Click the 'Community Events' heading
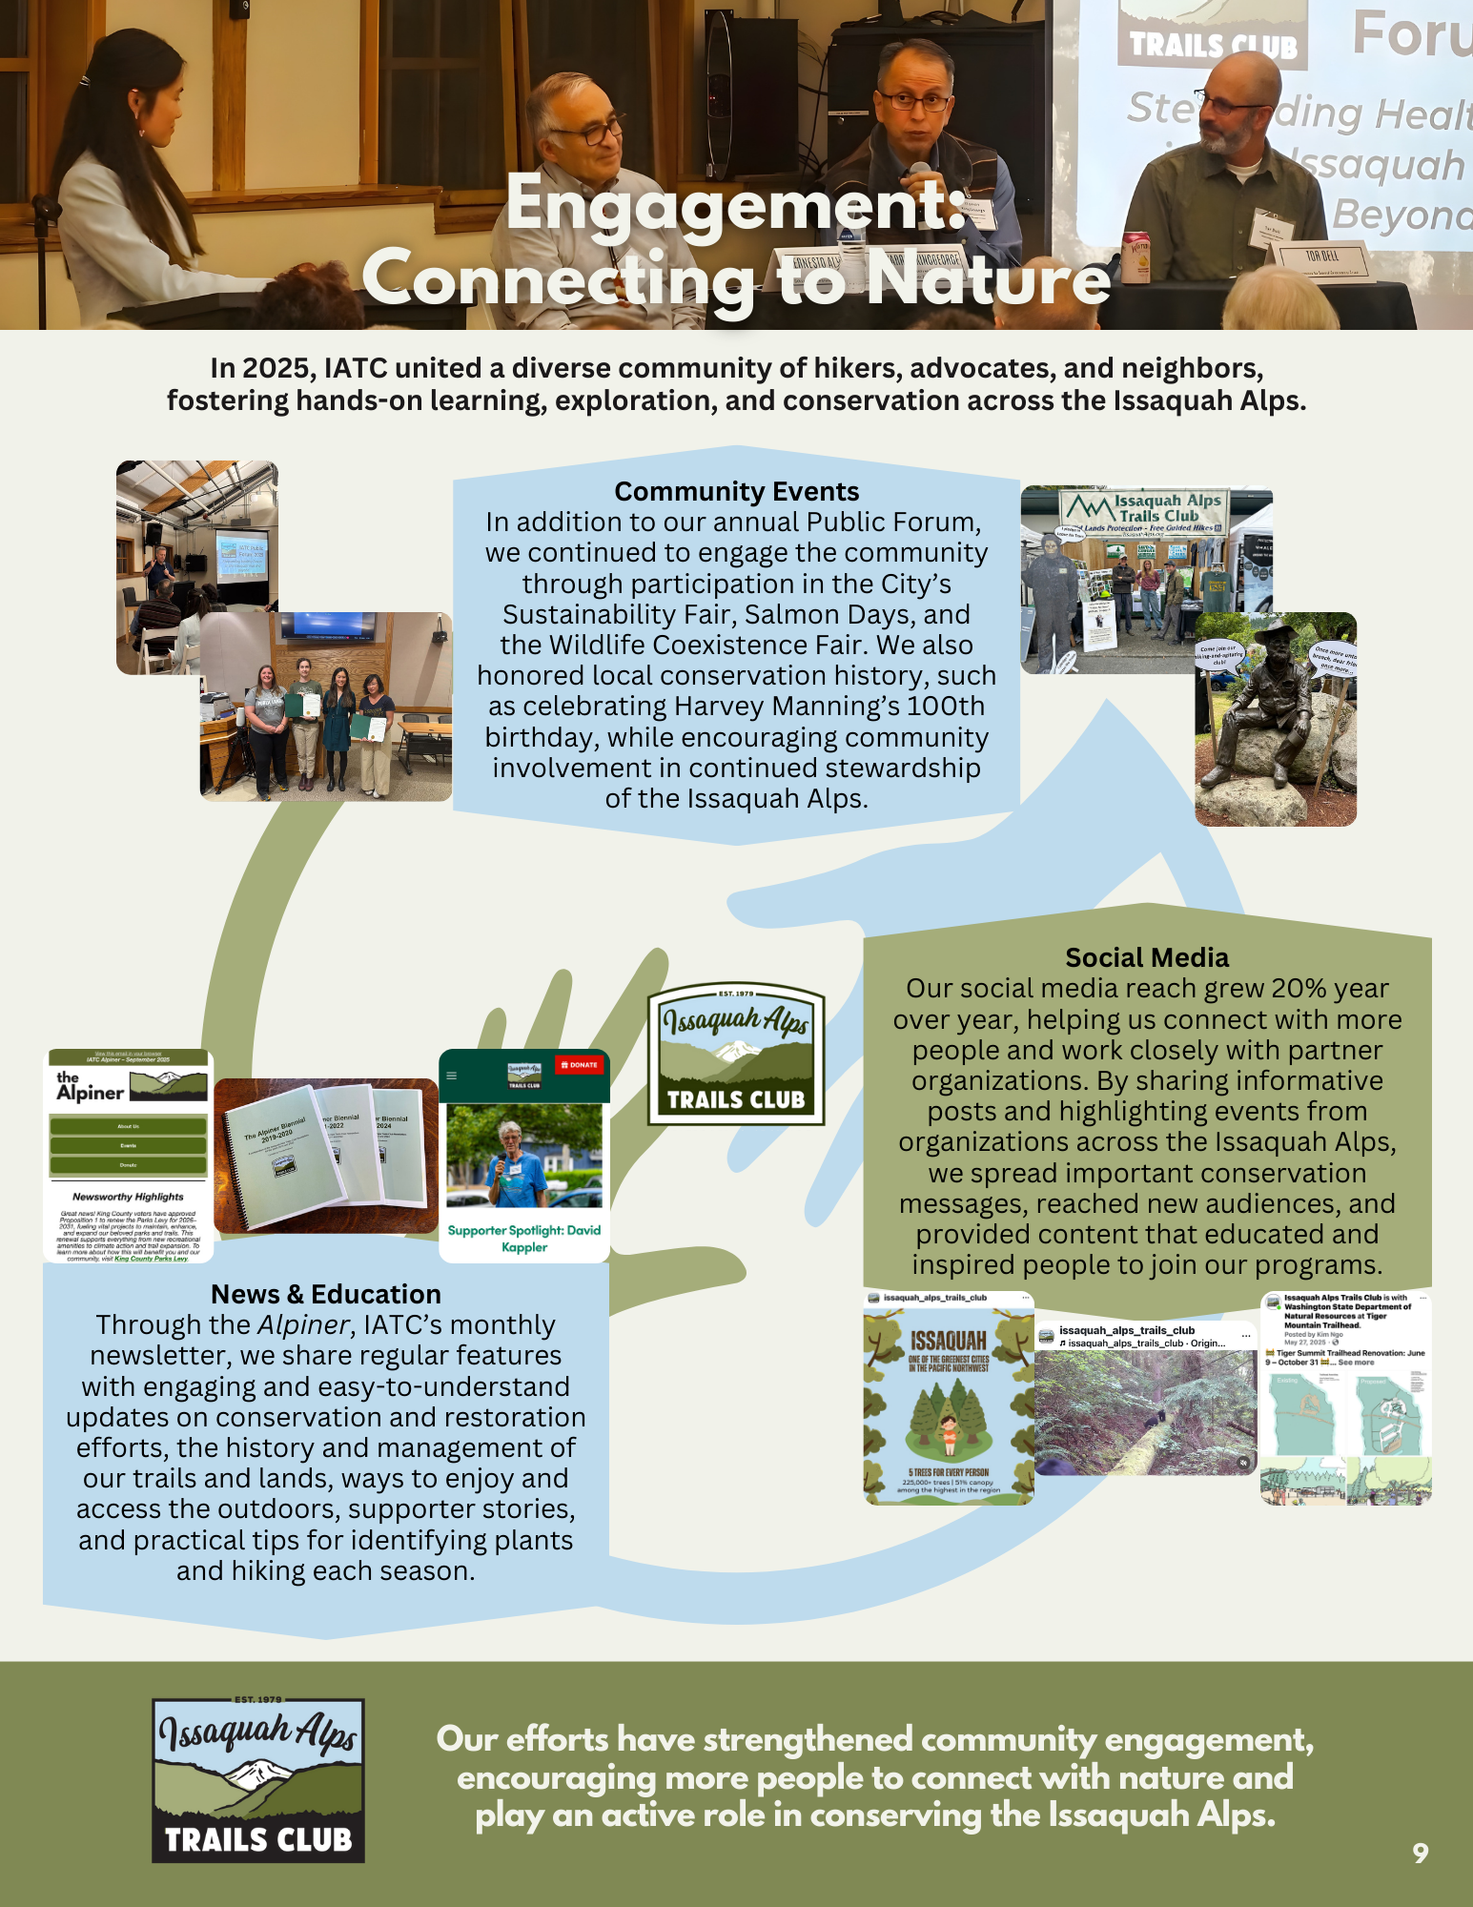(x=736, y=491)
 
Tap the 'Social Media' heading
(x=1147, y=957)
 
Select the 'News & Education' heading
(x=326, y=1294)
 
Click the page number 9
(x=1420, y=1853)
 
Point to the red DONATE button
(x=579, y=1065)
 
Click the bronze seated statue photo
(x=1275, y=720)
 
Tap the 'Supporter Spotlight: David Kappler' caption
(x=524, y=1239)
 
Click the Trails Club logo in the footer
(x=258, y=1780)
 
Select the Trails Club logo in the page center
(x=736, y=1055)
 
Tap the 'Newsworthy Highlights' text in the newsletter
(x=128, y=1197)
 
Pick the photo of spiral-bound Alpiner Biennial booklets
(x=326, y=1156)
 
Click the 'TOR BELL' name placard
(x=1322, y=256)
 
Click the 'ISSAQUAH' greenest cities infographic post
(x=949, y=1399)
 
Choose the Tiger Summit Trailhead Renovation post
(x=1346, y=1399)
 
